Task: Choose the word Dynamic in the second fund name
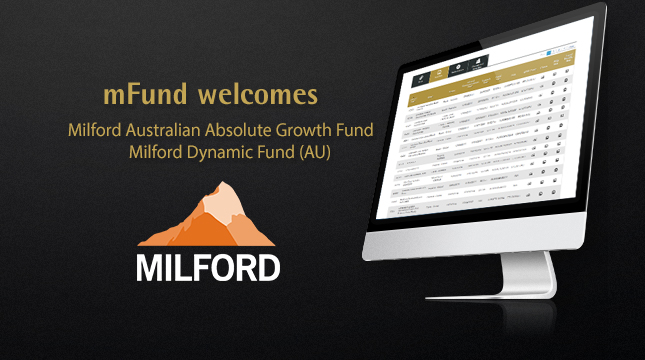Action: click(x=217, y=152)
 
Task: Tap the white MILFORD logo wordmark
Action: click(x=209, y=267)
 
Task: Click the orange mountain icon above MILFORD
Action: click(x=208, y=220)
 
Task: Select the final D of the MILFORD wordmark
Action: click(x=266, y=267)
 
